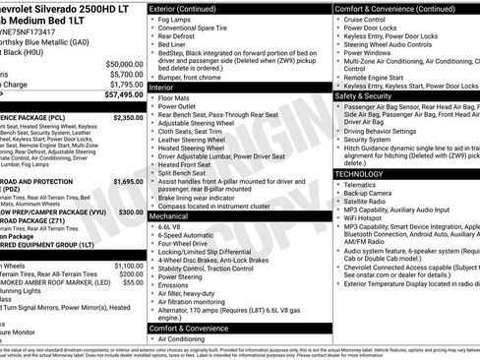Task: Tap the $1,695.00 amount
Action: [x=128, y=182]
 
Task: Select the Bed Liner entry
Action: [x=175, y=44]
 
